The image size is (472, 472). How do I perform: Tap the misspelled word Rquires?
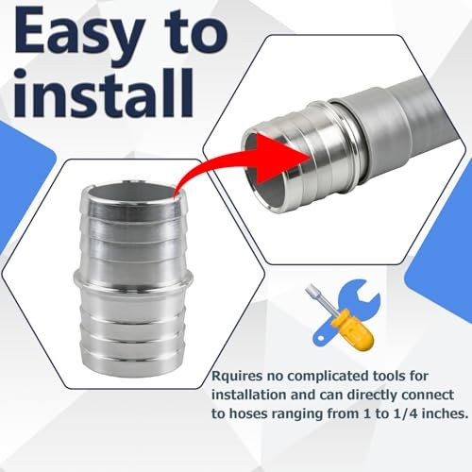pos(237,377)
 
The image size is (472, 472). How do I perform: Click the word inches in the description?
pos(444,413)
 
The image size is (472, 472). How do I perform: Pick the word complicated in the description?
pos(328,377)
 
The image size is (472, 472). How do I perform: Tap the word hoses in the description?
pos(248,413)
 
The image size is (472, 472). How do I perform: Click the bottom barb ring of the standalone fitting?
pos(133,361)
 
